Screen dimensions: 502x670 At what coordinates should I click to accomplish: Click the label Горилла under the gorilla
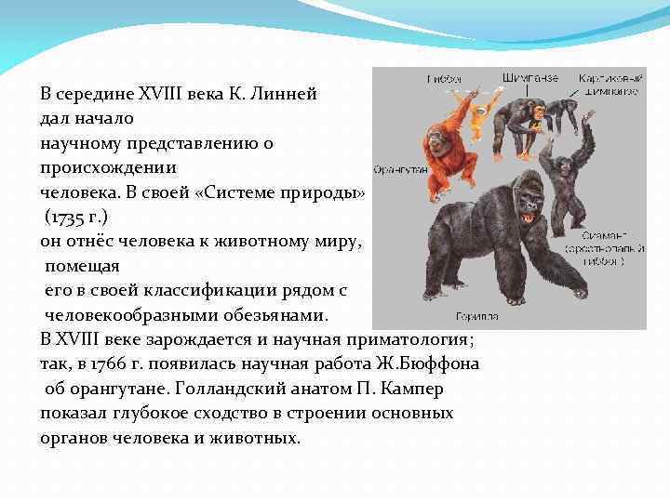(476, 317)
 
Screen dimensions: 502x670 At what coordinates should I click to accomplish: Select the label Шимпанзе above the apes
(529, 78)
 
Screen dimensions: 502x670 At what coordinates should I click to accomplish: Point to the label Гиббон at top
(444, 79)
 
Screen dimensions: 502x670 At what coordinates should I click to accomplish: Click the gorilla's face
(528, 212)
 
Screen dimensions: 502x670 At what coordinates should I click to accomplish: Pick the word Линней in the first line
(286, 94)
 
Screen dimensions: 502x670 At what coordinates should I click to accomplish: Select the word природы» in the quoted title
(329, 192)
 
